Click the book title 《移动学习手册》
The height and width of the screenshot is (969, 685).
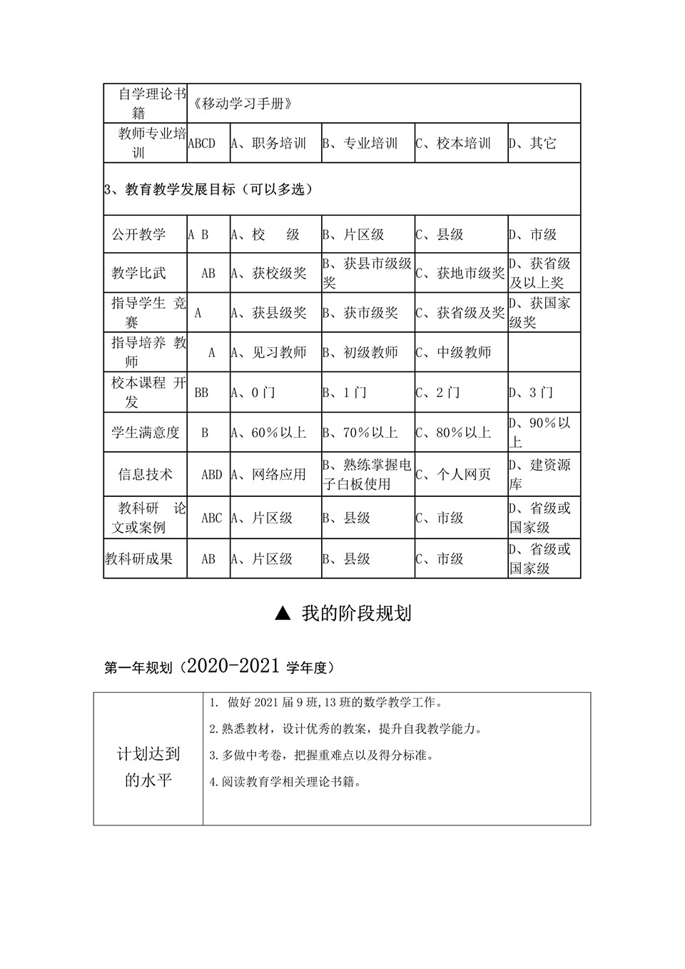tap(243, 104)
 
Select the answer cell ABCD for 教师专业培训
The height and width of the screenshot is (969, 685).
tap(201, 144)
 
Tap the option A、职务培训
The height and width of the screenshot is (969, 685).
tap(268, 144)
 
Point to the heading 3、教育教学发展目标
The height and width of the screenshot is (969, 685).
tap(208, 189)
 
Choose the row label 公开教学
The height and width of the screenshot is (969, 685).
tap(138, 234)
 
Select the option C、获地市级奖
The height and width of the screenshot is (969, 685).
tap(460, 273)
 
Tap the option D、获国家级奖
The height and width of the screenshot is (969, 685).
tap(540, 313)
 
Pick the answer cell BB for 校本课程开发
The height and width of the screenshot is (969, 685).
tap(201, 393)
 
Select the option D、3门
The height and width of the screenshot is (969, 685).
tap(531, 393)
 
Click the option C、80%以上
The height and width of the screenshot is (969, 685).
tap(454, 433)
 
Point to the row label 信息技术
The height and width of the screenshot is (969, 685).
tap(146, 474)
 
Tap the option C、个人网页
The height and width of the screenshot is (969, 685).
tap(454, 474)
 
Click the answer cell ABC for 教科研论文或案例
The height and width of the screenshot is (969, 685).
tap(211, 518)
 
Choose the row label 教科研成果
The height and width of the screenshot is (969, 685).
tap(139, 559)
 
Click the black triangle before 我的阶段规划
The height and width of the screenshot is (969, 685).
tap(283, 613)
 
